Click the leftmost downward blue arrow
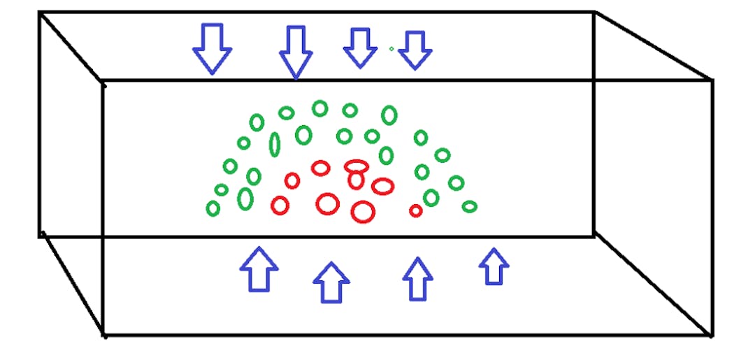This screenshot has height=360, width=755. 212,48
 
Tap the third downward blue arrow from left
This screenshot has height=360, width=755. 359,48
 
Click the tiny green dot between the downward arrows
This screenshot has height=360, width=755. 391,48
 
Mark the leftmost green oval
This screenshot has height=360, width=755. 213,208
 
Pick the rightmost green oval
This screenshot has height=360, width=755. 470,206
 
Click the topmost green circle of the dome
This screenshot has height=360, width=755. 320,108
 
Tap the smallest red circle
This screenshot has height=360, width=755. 416,210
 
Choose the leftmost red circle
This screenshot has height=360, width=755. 280,206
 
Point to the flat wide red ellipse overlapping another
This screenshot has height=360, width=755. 357,166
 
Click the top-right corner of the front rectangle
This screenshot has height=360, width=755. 712,81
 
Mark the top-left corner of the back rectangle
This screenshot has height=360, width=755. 40,13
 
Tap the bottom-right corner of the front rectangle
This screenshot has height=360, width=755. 712,334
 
